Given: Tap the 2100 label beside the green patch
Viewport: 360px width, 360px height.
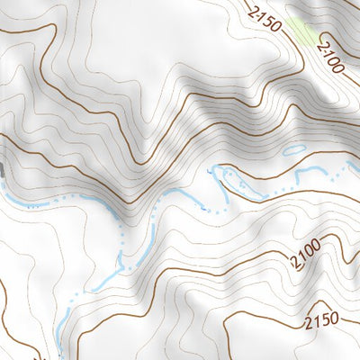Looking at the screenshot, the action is click(330, 57).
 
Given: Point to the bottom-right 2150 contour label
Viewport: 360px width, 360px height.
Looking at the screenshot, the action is click(323, 319).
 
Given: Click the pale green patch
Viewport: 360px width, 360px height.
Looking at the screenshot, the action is click(303, 31).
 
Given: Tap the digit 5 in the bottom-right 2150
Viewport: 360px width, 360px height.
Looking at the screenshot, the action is click(327, 318).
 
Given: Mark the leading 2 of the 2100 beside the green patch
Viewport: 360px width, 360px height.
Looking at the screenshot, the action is click(320, 47).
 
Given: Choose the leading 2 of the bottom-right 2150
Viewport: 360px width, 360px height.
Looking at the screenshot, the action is click(310, 324).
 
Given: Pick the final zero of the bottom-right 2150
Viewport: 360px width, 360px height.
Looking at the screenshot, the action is click(335, 315).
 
